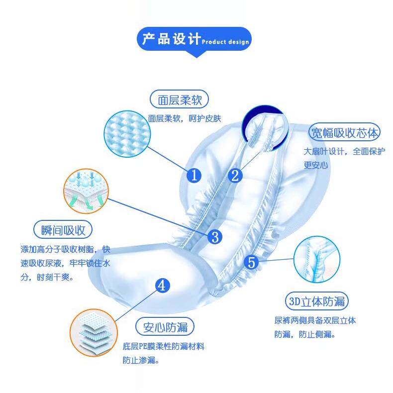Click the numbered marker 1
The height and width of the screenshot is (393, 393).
(x=195, y=175)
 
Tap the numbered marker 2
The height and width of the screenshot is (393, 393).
(x=235, y=175)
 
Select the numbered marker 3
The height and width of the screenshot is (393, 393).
(x=214, y=237)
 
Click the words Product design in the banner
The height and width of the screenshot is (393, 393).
(x=225, y=42)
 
